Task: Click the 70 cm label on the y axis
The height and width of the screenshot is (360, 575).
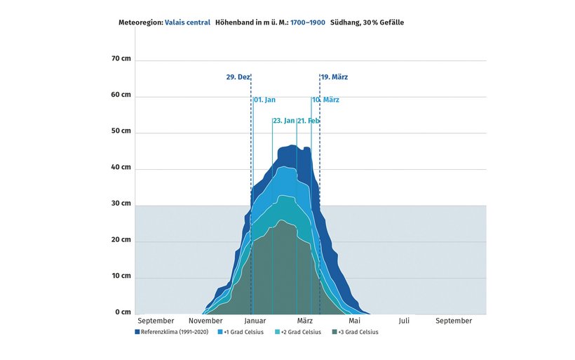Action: pyautogui.click(x=121, y=59)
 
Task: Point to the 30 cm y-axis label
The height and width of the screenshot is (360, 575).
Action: pyautogui.click(x=121, y=204)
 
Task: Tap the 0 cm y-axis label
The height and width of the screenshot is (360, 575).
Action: pyautogui.click(x=123, y=312)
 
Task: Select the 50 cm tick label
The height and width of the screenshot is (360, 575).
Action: pyautogui.click(x=121, y=131)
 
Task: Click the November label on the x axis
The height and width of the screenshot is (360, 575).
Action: pyautogui.click(x=205, y=321)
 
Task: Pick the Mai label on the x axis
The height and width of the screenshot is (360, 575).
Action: pyautogui.click(x=354, y=321)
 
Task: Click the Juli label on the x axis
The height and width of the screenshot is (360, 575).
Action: pyautogui.click(x=404, y=321)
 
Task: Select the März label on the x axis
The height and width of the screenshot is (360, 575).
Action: pyautogui.click(x=304, y=321)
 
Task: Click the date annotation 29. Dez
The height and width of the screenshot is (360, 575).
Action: pyautogui.click(x=238, y=76)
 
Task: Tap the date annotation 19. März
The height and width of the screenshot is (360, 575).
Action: pyautogui.click(x=335, y=76)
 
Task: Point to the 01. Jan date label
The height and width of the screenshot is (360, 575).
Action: pyautogui.click(x=264, y=100)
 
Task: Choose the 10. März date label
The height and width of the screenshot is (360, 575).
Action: pyautogui.click(x=326, y=100)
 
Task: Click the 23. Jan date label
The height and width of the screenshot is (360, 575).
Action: pyautogui.click(x=283, y=121)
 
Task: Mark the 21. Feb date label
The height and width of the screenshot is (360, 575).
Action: pyautogui.click(x=309, y=121)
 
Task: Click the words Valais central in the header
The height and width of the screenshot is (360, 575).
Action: pyautogui.click(x=187, y=22)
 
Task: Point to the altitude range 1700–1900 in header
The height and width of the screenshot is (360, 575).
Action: pyautogui.click(x=308, y=22)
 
